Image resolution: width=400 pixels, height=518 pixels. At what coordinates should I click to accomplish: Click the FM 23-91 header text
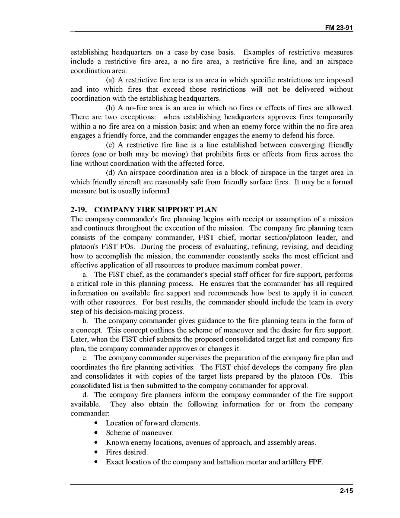click(339, 27)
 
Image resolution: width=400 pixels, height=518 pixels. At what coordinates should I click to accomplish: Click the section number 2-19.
click(79, 210)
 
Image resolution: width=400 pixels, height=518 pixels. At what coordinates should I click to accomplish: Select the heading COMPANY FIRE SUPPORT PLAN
click(156, 210)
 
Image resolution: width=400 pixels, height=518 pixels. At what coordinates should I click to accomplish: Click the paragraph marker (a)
click(111, 80)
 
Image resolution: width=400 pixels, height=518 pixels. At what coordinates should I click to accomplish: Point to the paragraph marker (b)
click(111, 108)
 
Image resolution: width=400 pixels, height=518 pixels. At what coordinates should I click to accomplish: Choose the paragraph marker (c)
click(111, 145)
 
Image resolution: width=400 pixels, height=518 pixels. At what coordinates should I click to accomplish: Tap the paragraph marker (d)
click(111, 173)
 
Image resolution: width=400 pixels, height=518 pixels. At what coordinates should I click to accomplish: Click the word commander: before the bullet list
click(87, 413)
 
